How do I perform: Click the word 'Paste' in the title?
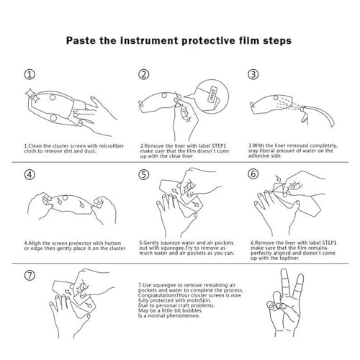coord(81,40)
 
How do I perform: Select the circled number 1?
coord(30,74)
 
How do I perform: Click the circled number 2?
coord(144,74)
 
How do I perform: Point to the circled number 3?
coord(253,74)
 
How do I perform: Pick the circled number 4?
coord(30,174)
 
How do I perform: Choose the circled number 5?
coord(144,174)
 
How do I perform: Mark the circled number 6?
coord(253,174)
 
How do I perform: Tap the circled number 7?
coord(30,275)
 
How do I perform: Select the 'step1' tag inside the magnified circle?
coord(212,95)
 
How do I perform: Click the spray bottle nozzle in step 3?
coord(304,109)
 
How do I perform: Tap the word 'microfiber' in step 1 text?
coord(111,146)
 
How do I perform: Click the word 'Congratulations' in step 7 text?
coord(158,295)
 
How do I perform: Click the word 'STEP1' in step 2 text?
coord(219,146)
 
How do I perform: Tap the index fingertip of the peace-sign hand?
coord(284,272)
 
